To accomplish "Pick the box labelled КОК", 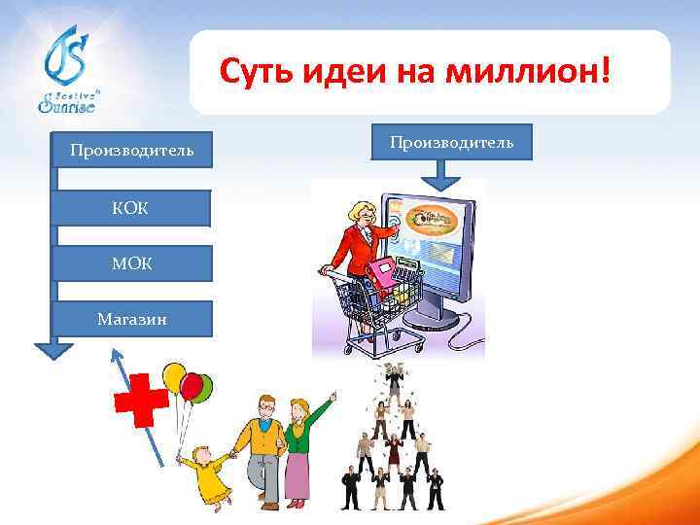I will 130,207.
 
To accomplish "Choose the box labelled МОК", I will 130,263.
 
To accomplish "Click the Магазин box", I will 130,318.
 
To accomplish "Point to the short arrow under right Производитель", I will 443,174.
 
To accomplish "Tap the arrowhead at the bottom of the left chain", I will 54,348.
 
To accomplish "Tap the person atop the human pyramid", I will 393,374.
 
